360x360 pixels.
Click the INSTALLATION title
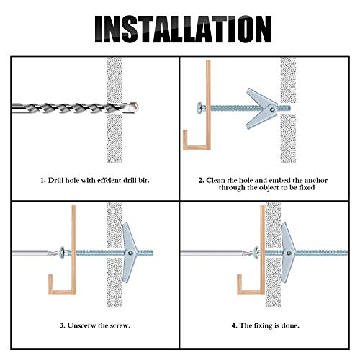coord(180,30)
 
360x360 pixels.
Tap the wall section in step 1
coord(115,108)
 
